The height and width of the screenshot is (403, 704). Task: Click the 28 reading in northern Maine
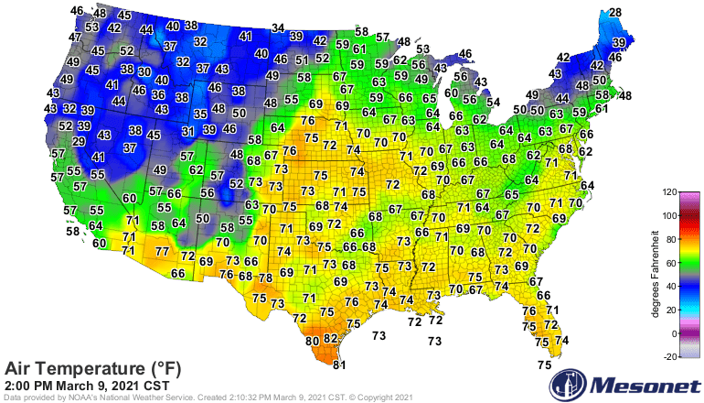(x=615, y=12)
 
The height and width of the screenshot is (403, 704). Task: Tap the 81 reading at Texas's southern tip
(x=339, y=365)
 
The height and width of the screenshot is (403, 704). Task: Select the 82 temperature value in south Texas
(x=331, y=339)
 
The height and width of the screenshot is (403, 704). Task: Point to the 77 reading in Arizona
(x=162, y=250)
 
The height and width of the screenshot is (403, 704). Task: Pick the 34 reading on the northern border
(x=278, y=28)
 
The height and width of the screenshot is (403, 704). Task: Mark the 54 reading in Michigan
(x=493, y=102)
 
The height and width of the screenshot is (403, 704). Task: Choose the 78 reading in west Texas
(x=265, y=278)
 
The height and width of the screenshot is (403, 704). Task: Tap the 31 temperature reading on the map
(x=187, y=131)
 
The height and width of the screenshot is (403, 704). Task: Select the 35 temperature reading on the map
(x=200, y=114)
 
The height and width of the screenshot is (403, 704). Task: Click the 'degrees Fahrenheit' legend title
(x=655, y=275)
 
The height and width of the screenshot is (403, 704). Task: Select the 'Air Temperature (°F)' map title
(x=93, y=369)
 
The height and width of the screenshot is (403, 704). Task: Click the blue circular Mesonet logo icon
(x=573, y=383)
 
